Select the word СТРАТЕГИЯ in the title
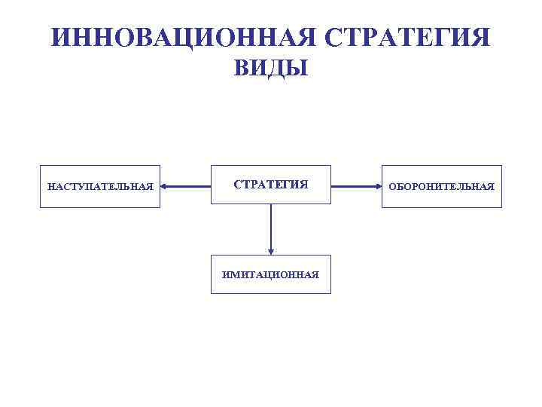pos(396,37)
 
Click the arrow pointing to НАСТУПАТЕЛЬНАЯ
pos(186,185)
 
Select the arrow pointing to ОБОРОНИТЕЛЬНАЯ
pos(356,185)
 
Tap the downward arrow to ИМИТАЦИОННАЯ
pos(271,230)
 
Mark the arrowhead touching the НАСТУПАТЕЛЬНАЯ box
pos(165,185)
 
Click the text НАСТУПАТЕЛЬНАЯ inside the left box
pos(100,186)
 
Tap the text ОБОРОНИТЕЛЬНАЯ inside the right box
pos(441,186)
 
